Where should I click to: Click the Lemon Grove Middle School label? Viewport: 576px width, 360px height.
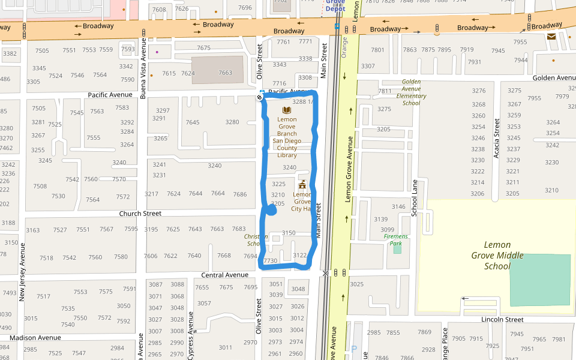coord(497,255)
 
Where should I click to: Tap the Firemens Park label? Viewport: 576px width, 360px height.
coord(396,236)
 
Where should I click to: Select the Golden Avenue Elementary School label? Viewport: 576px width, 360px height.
coord(411,92)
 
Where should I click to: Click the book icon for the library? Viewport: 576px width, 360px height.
coord(287,110)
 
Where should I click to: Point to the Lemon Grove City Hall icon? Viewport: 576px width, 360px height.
coord(302,184)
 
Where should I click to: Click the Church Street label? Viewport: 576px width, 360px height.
coord(140,214)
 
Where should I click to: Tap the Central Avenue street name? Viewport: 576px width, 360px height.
coord(224,275)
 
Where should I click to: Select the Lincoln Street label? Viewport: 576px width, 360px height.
coord(502,320)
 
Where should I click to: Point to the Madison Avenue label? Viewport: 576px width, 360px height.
coord(35,338)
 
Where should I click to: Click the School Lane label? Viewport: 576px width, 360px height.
coord(414,197)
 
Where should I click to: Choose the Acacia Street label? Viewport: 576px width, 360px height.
coord(497,138)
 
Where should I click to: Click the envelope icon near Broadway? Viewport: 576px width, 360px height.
coord(551,37)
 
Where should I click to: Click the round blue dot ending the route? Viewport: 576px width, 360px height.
coord(271,210)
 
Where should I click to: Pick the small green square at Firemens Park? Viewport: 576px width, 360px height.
coord(397,248)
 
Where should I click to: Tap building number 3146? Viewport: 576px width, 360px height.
coord(398,207)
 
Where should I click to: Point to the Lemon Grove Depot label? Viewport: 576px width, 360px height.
coord(335,5)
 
